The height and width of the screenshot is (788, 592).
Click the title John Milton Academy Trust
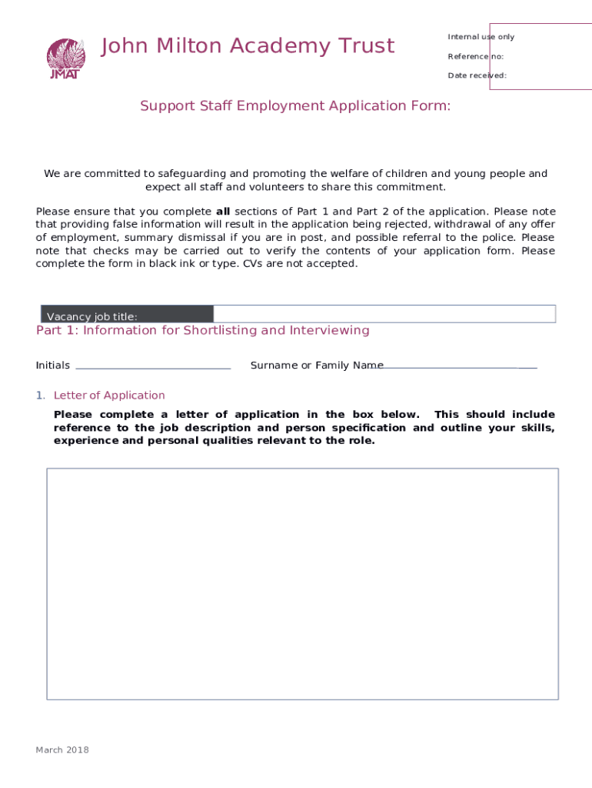[248, 46]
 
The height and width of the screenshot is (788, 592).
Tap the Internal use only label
[481, 37]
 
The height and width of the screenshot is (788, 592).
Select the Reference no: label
[475, 56]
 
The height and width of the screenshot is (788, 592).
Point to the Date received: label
[477, 75]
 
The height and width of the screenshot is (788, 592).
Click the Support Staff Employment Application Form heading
[295, 106]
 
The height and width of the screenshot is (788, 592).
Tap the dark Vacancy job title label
[126, 315]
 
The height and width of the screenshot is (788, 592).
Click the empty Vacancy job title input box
[384, 313]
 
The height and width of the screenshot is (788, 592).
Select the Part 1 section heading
[202, 331]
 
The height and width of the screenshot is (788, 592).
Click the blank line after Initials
[153, 367]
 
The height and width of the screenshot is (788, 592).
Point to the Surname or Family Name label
[317, 366]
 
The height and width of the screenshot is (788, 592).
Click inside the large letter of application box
[302, 583]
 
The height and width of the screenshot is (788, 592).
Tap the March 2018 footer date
[62, 750]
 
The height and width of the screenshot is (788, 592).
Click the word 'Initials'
[53, 366]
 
